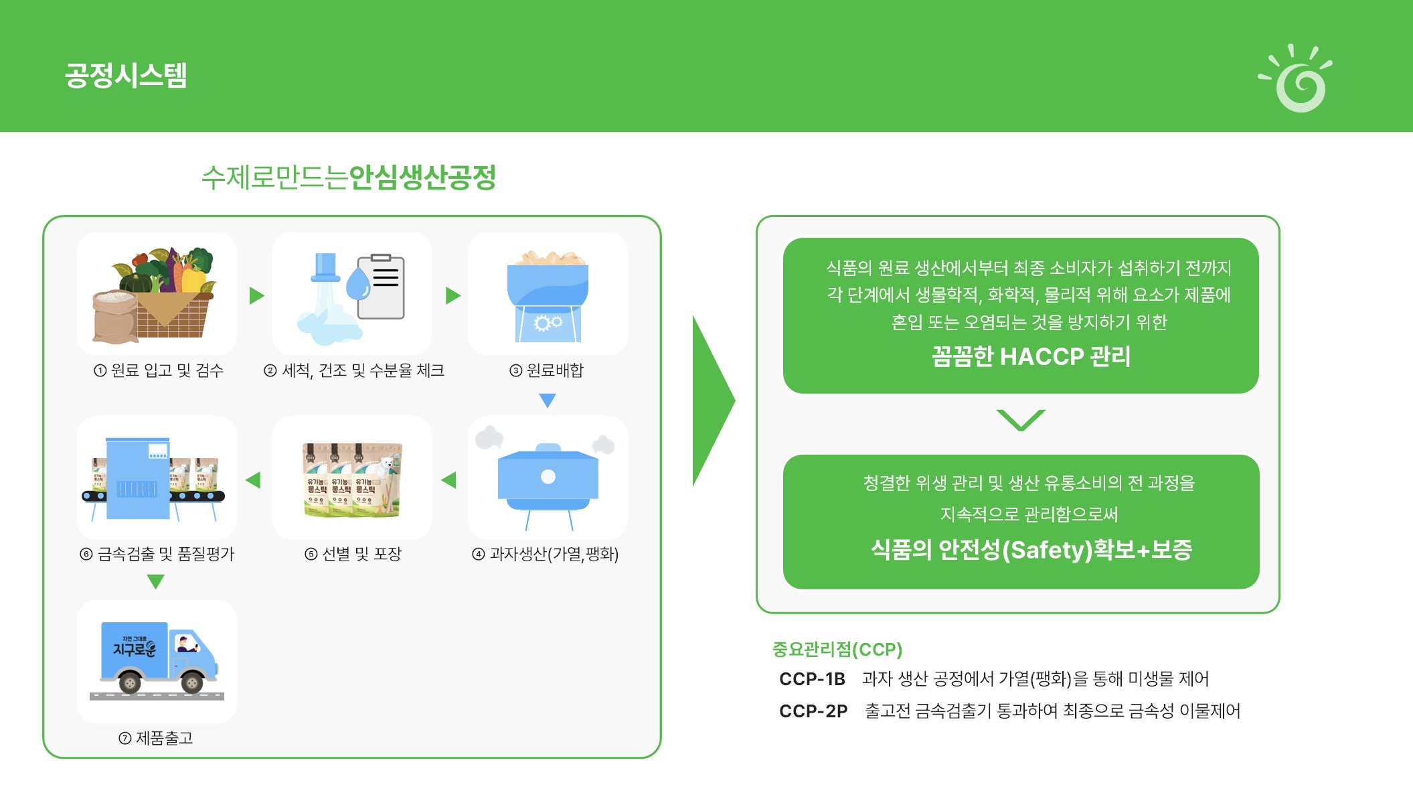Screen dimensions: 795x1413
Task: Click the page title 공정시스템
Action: [x=126, y=75]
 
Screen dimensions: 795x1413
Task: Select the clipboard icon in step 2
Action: [x=381, y=287]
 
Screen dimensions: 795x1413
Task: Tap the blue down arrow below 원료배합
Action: [x=548, y=401]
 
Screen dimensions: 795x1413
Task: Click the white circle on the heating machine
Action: [x=548, y=476]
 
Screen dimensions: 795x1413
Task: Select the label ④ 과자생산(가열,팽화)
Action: [x=546, y=554]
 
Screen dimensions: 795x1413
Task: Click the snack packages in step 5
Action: [x=352, y=480]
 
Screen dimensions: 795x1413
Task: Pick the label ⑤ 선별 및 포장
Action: [x=353, y=554]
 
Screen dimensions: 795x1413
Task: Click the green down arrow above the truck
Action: [x=155, y=581]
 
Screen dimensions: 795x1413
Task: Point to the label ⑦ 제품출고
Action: [x=156, y=738]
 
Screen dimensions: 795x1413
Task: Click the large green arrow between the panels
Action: [x=712, y=401]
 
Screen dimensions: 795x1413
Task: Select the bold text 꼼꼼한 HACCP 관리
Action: [x=1031, y=356]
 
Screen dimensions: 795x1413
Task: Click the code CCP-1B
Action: [x=812, y=679]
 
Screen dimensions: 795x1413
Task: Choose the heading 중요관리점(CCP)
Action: [x=837, y=649]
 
